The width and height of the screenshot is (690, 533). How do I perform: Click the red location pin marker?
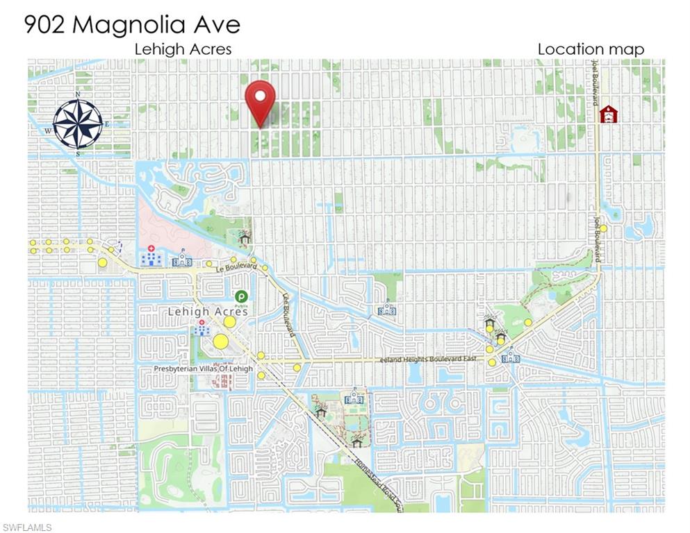[x=261, y=101]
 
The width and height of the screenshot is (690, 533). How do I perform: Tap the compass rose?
[x=78, y=124]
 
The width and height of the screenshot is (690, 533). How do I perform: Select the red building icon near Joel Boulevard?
[x=609, y=114]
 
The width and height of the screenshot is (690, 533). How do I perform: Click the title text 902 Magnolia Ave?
[x=132, y=24]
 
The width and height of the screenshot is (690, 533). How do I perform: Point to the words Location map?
[x=591, y=49]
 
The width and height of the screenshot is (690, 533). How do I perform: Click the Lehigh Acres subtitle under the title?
[x=183, y=49]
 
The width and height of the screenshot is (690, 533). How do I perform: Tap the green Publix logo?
[x=241, y=297]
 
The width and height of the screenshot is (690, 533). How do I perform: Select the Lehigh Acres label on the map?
[x=208, y=312]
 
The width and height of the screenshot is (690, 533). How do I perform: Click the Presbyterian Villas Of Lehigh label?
[x=203, y=369]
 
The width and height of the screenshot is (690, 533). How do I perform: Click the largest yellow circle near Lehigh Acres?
[x=220, y=341]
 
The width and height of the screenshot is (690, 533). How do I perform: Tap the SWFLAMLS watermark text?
[x=27, y=528]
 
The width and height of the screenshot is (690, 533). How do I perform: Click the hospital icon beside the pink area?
[x=151, y=257]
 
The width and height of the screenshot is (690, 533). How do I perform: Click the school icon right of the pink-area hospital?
[x=183, y=259]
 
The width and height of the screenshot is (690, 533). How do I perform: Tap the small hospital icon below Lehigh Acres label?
[x=202, y=328]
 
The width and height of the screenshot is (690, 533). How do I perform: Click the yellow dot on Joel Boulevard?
[x=604, y=228]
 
